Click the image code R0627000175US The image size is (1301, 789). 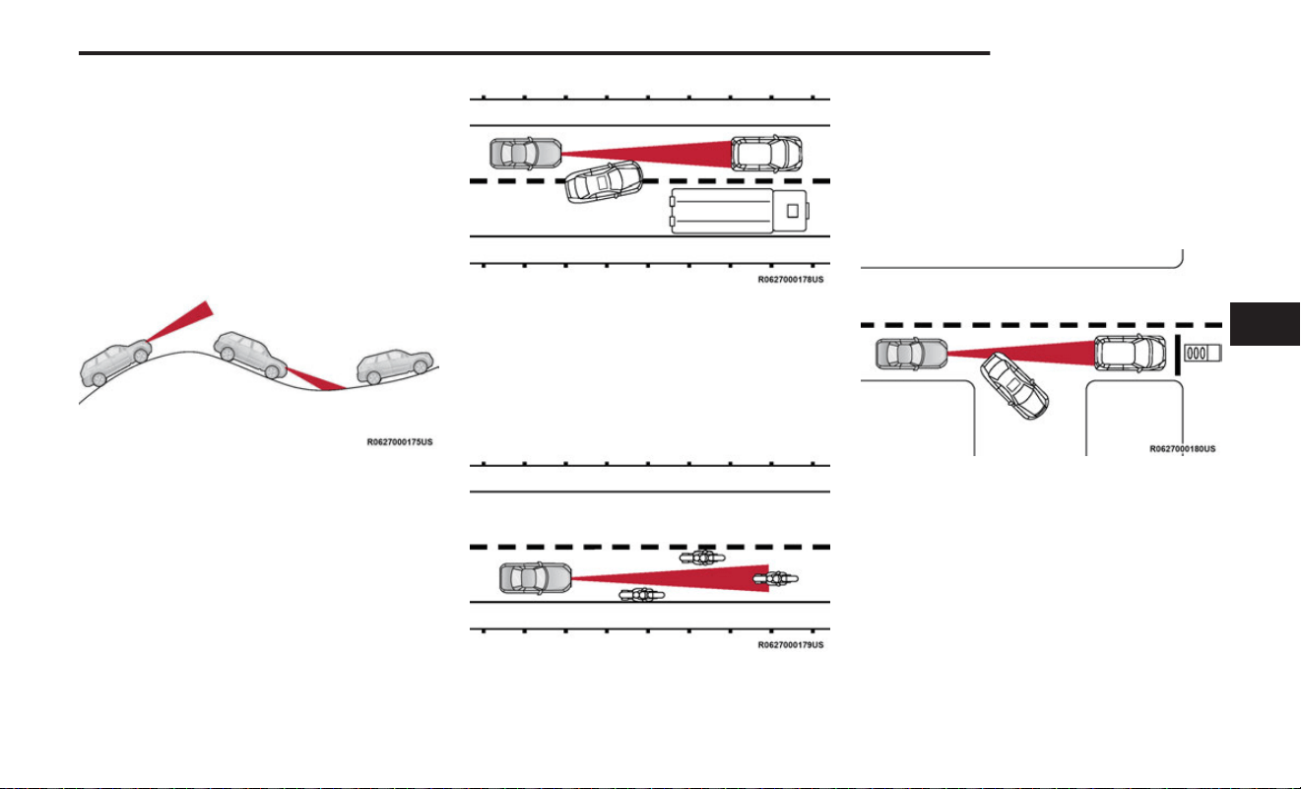pos(400,442)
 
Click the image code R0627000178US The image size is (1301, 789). pos(791,280)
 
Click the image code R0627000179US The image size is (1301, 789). pos(791,645)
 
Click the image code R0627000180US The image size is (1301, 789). pos(1183,448)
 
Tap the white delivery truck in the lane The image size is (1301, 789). pos(740,211)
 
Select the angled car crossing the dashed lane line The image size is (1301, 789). pos(604,182)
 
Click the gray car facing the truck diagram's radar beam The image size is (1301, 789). pos(526,154)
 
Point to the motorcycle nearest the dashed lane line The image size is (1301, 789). pos(702,558)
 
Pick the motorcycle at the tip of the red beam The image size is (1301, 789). pos(775,578)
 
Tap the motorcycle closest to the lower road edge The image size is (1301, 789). pos(641,595)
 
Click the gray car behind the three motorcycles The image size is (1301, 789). pos(536,578)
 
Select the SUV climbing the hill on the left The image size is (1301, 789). pos(115,363)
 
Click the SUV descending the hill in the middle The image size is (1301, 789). pos(250,355)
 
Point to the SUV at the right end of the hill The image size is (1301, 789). pos(395,366)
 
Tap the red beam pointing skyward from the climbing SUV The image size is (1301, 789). pos(181,321)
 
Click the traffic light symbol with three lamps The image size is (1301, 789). pos(1203,353)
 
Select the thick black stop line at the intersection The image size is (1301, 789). pos(1177,355)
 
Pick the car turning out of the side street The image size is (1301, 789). pos(1014,386)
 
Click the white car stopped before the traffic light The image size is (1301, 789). pos(1131,353)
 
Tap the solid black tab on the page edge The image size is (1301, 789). pos(1265,324)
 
